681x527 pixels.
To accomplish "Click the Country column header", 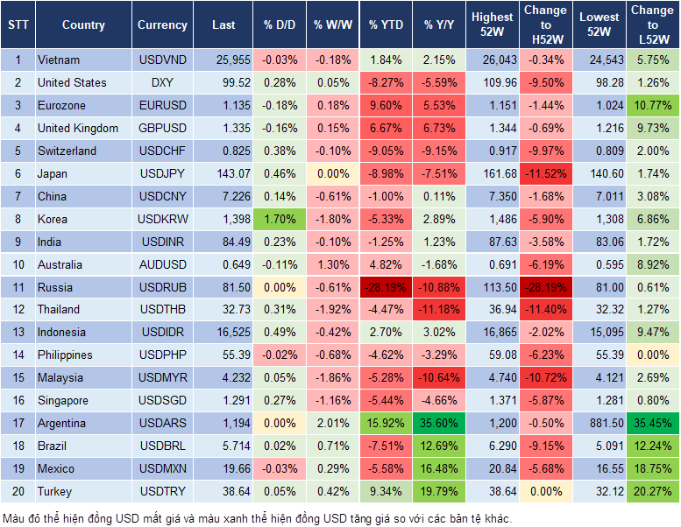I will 83,25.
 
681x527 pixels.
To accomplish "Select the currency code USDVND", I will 162,60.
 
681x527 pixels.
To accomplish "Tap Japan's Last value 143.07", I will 223,174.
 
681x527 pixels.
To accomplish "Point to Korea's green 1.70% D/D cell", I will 279,220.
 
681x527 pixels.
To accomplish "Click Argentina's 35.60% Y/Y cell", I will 440,423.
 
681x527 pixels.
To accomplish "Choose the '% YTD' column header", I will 386,25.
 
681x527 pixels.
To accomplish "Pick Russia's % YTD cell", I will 386,287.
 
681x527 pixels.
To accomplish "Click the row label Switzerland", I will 67,151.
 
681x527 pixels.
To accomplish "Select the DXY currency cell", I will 162,83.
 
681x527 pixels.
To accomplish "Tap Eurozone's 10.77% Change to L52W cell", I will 651,106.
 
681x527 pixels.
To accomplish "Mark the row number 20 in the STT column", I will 17,491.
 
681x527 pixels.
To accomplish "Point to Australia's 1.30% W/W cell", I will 332,264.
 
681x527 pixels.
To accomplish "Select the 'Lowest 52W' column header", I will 599,25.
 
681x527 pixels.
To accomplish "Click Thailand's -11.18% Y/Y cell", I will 440,310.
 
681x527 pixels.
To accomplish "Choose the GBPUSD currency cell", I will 162,129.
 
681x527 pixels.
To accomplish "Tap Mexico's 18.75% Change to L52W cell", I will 651,468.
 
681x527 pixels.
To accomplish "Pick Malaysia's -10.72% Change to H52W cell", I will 545,378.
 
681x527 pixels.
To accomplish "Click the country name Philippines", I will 66,355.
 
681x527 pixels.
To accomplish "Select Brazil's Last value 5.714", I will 223,446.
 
